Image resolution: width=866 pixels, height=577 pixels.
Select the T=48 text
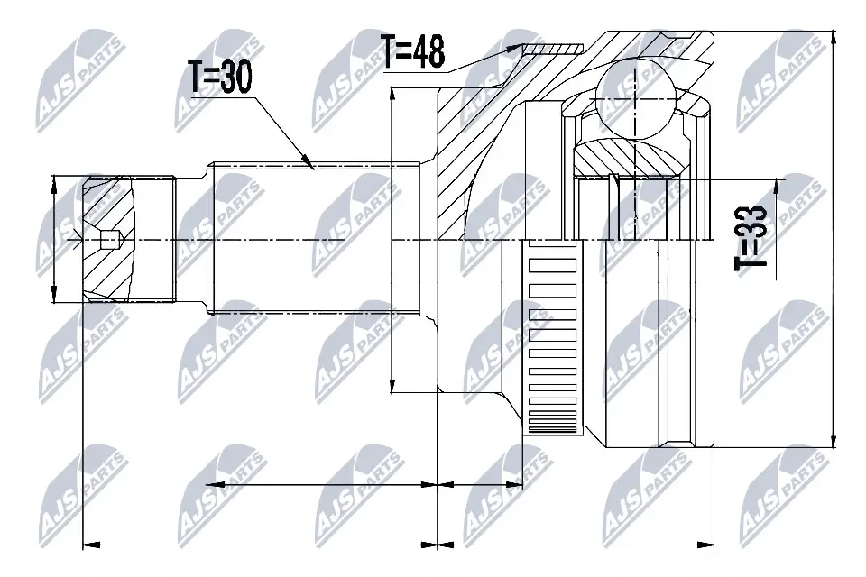[x=413, y=52]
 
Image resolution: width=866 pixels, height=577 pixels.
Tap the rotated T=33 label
[x=751, y=236]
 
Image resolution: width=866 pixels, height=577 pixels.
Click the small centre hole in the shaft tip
[x=107, y=240]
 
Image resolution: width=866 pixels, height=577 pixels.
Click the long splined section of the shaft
[x=316, y=239]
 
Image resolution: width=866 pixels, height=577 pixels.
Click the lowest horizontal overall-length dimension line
[x=397, y=544]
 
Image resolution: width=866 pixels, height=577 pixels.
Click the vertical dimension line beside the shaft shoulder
[x=392, y=239]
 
